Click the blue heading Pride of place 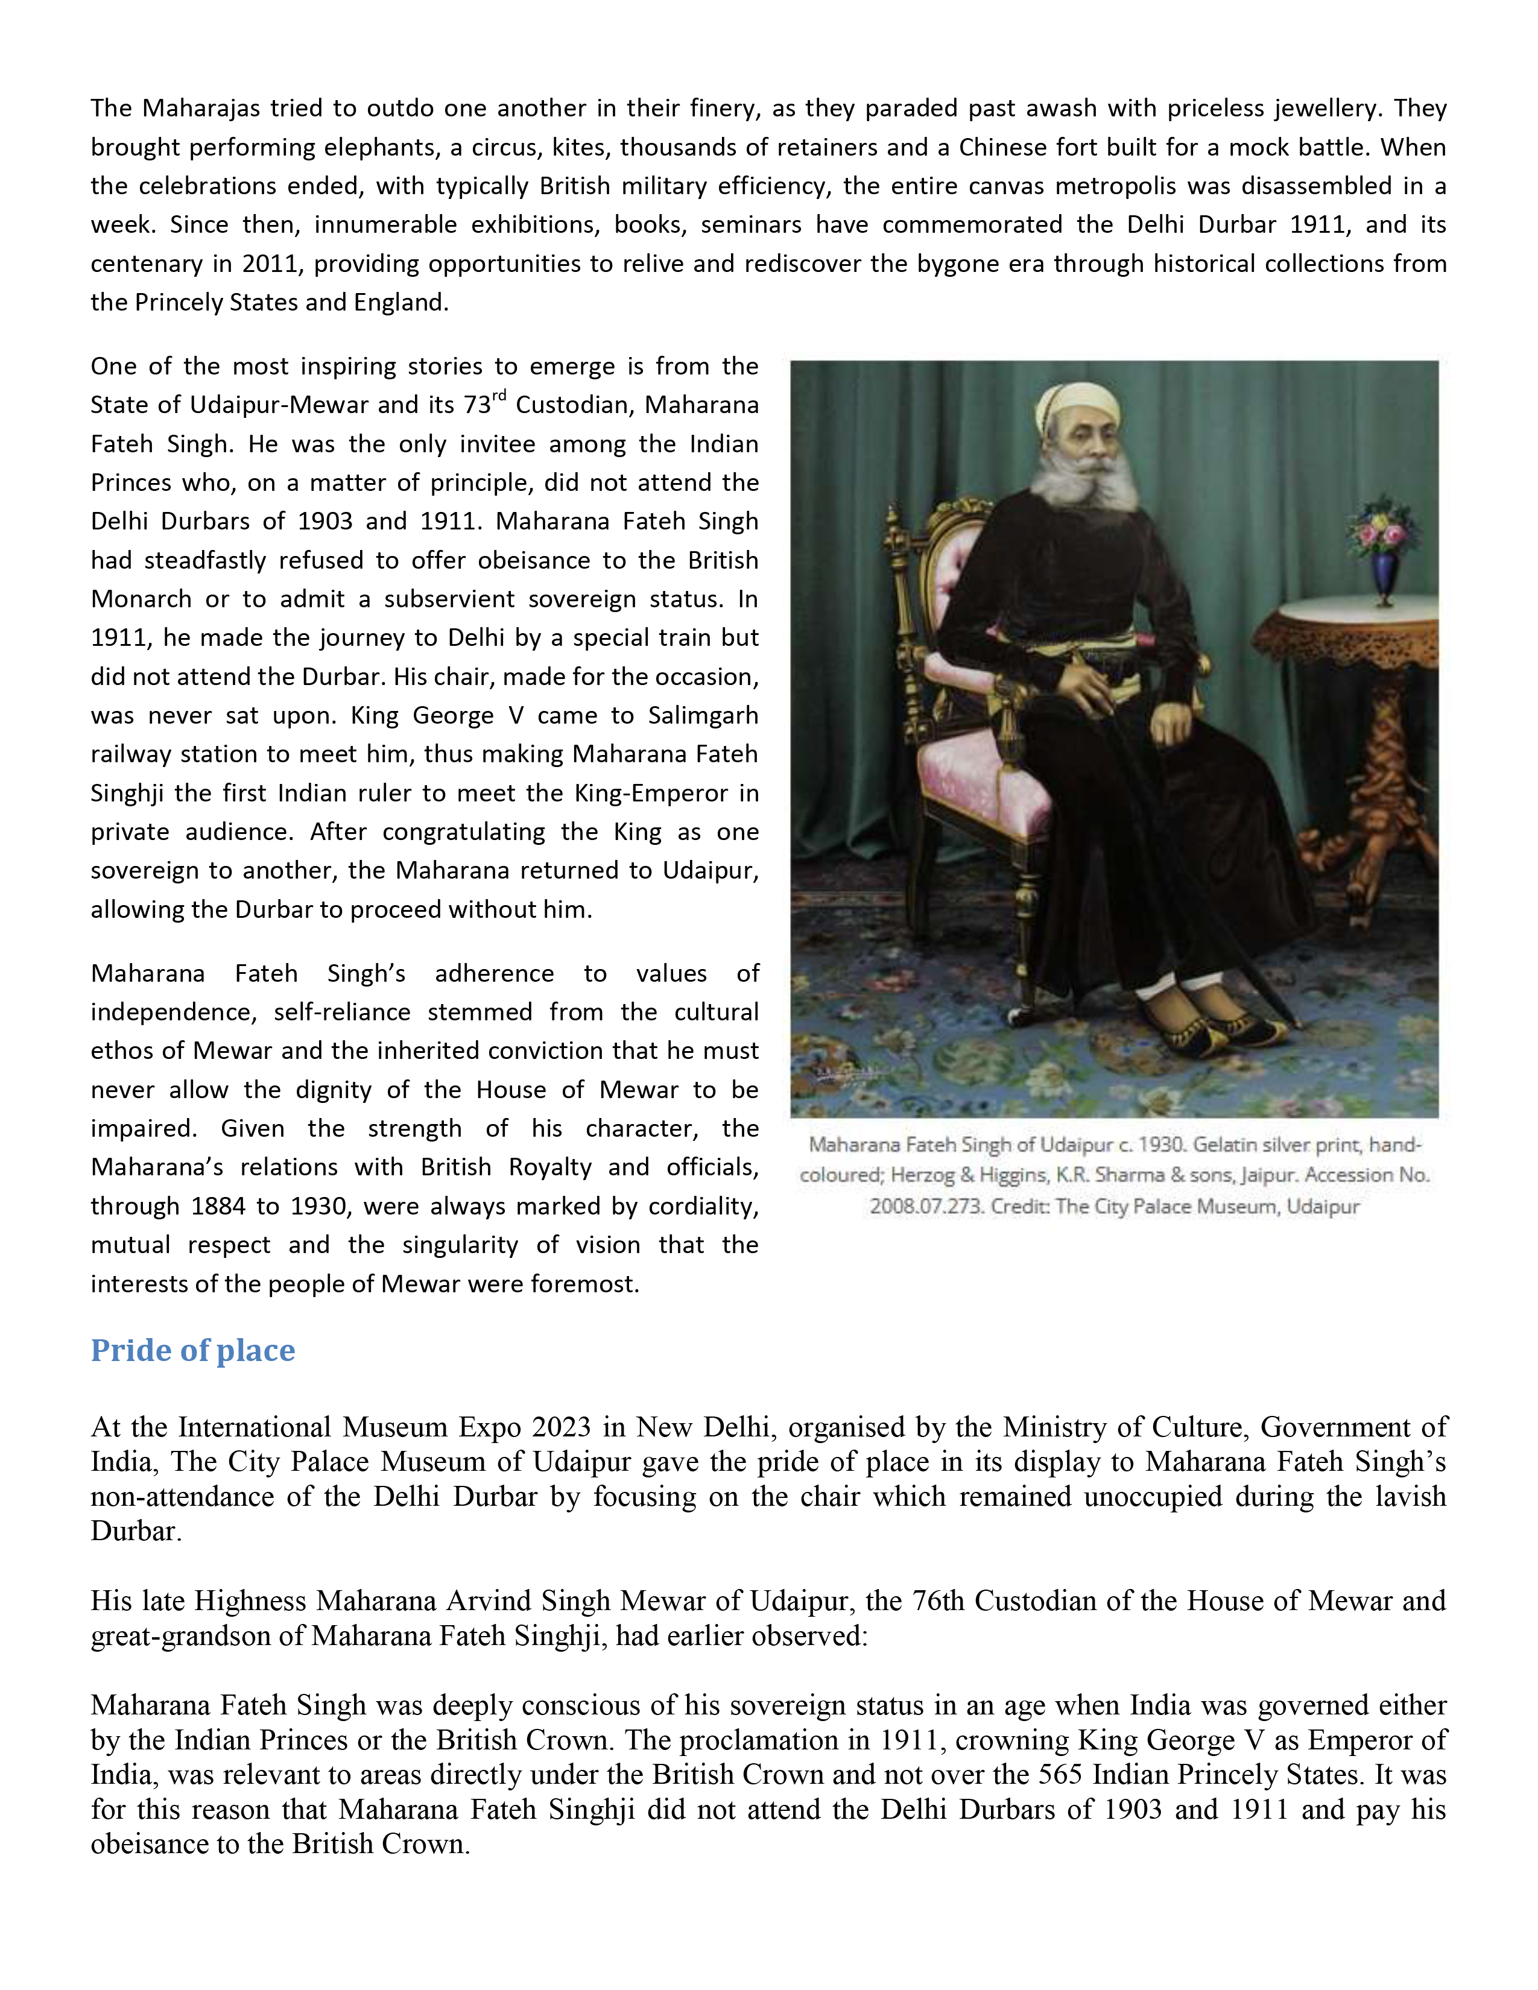pyautogui.click(x=192, y=1350)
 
